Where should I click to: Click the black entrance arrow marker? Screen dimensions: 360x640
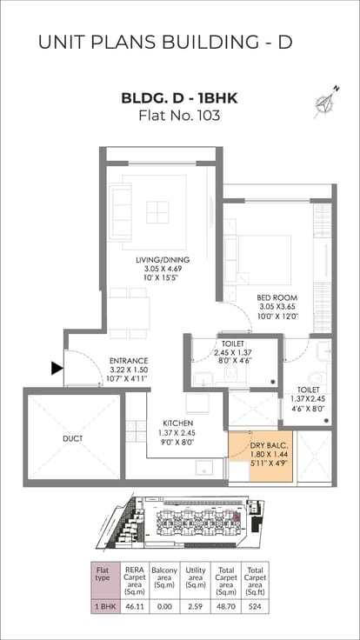(x=57, y=368)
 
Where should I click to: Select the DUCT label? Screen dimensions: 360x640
(x=73, y=439)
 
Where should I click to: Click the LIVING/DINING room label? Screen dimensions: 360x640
(x=163, y=260)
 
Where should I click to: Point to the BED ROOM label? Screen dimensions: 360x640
(x=277, y=297)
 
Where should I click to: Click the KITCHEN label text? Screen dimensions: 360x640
(x=177, y=423)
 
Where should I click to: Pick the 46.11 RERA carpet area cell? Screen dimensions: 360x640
(x=132, y=606)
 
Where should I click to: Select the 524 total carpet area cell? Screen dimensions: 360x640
(x=255, y=606)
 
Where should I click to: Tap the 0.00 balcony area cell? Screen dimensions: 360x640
(x=164, y=606)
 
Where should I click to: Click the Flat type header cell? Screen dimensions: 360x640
(x=105, y=580)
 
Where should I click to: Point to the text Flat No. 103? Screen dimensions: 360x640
(x=180, y=116)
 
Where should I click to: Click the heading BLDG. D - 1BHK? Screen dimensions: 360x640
(x=180, y=98)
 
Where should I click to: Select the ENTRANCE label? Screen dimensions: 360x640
(x=129, y=361)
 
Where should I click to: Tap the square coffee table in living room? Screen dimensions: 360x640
(x=157, y=212)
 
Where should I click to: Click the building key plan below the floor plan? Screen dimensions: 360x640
(x=180, y=522)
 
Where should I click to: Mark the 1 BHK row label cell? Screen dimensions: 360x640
(x=105, y=606)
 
